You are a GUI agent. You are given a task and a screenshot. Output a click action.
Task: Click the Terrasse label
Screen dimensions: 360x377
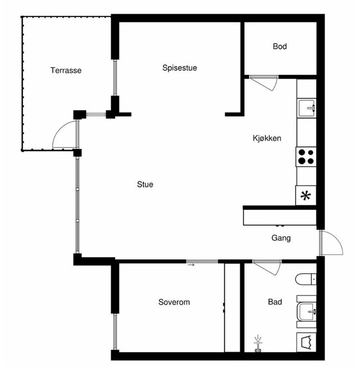point(66,70)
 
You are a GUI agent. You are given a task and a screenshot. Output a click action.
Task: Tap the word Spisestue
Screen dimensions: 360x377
point(180,68)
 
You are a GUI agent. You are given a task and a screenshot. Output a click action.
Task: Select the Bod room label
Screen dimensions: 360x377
point(279,46)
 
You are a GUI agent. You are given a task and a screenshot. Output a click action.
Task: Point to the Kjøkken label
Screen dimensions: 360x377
point(267,138)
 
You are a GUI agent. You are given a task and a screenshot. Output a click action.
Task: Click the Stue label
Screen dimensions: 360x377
point(145,184)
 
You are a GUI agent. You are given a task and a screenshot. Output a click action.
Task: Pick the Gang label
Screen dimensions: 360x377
point(281,238)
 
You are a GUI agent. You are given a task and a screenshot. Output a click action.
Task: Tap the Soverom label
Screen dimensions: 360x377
point(174,302)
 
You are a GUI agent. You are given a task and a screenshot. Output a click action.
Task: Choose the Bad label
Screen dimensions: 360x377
point(275,302)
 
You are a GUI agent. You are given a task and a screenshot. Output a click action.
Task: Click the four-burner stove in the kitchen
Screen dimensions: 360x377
point(306,156)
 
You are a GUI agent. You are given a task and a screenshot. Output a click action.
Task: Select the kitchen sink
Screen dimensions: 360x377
point(307,108)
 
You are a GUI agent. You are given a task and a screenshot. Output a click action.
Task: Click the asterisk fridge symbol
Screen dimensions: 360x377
point(306,195)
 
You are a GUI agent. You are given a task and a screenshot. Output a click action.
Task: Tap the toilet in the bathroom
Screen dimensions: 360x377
point(306,279)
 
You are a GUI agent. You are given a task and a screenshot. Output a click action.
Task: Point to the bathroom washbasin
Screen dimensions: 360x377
point(306,311)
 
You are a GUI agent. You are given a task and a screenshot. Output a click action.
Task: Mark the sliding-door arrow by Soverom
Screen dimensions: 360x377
point(191,265)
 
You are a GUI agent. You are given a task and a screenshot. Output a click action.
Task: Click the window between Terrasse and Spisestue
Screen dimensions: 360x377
point(115,77)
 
